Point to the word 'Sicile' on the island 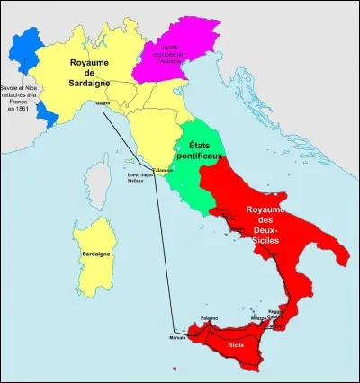237,344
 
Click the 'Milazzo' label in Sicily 260,319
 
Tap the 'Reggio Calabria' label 277,315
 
